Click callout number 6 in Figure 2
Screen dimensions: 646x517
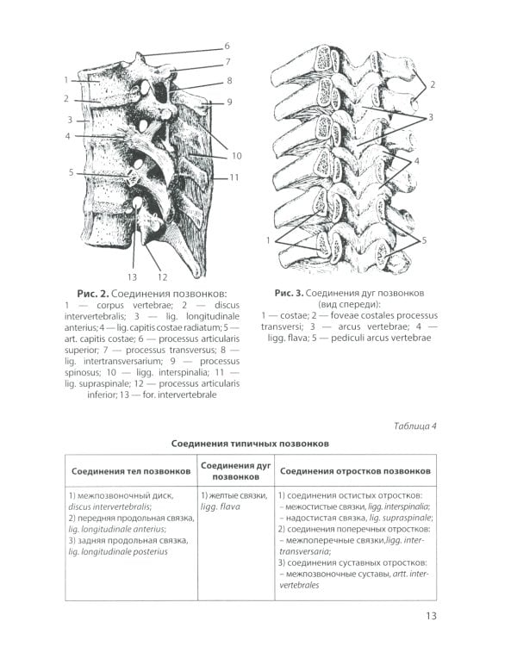point(227,46)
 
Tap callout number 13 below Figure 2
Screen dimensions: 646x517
point(132,276)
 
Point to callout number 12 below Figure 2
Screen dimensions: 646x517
point(161,276)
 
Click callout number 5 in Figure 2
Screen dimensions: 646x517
point(72,172)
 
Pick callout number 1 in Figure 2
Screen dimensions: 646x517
point(65,80)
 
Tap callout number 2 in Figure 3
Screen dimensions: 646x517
point(433,84)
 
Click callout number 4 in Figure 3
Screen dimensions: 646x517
point(417,161)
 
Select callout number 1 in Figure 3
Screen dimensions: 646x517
point(269,239)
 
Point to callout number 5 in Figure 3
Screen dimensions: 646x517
point(423,240)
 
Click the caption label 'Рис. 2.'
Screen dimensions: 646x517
point(92,294)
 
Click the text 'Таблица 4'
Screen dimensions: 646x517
point(415,425)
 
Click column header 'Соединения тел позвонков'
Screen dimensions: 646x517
point(131,471)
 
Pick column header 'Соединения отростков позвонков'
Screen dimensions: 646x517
point(355,471)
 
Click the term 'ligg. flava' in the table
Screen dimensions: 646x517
point(221,507)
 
